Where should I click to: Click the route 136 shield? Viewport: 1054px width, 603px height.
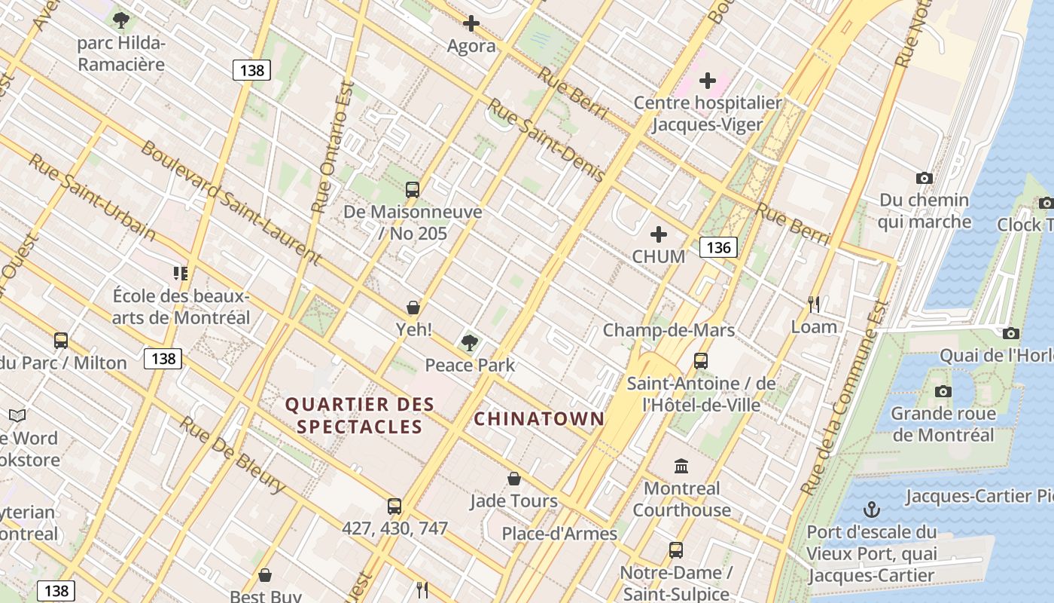coord(717,247)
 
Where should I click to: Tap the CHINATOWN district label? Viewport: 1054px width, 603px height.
coord(539,419)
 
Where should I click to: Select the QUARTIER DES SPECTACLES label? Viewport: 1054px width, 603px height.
coord(360,415)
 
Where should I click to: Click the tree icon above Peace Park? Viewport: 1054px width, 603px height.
coord(470,343)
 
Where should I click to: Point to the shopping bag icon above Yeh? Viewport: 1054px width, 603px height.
coord(413,308)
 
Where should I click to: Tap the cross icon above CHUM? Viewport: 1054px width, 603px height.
coord(659,234)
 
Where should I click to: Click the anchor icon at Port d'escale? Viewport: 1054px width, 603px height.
coord(871,510)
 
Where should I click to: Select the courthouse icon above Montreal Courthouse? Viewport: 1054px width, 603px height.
coord(681,466)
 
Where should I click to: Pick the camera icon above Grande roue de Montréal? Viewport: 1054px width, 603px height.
coord(943,391)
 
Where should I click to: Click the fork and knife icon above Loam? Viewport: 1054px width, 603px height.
coord(814,305)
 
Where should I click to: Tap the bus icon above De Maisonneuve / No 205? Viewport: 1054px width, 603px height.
coord(412,190)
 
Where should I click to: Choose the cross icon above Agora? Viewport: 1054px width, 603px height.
coord(471,24)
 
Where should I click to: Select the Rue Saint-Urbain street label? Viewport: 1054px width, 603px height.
coord(92,197)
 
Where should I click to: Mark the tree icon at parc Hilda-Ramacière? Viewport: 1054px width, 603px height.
coord(120,20)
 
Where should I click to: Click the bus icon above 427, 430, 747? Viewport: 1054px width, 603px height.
coord(394,507)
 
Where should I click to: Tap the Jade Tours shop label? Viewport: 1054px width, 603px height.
coord(513,500)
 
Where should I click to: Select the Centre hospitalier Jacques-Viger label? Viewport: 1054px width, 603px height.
coord(707,113)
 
